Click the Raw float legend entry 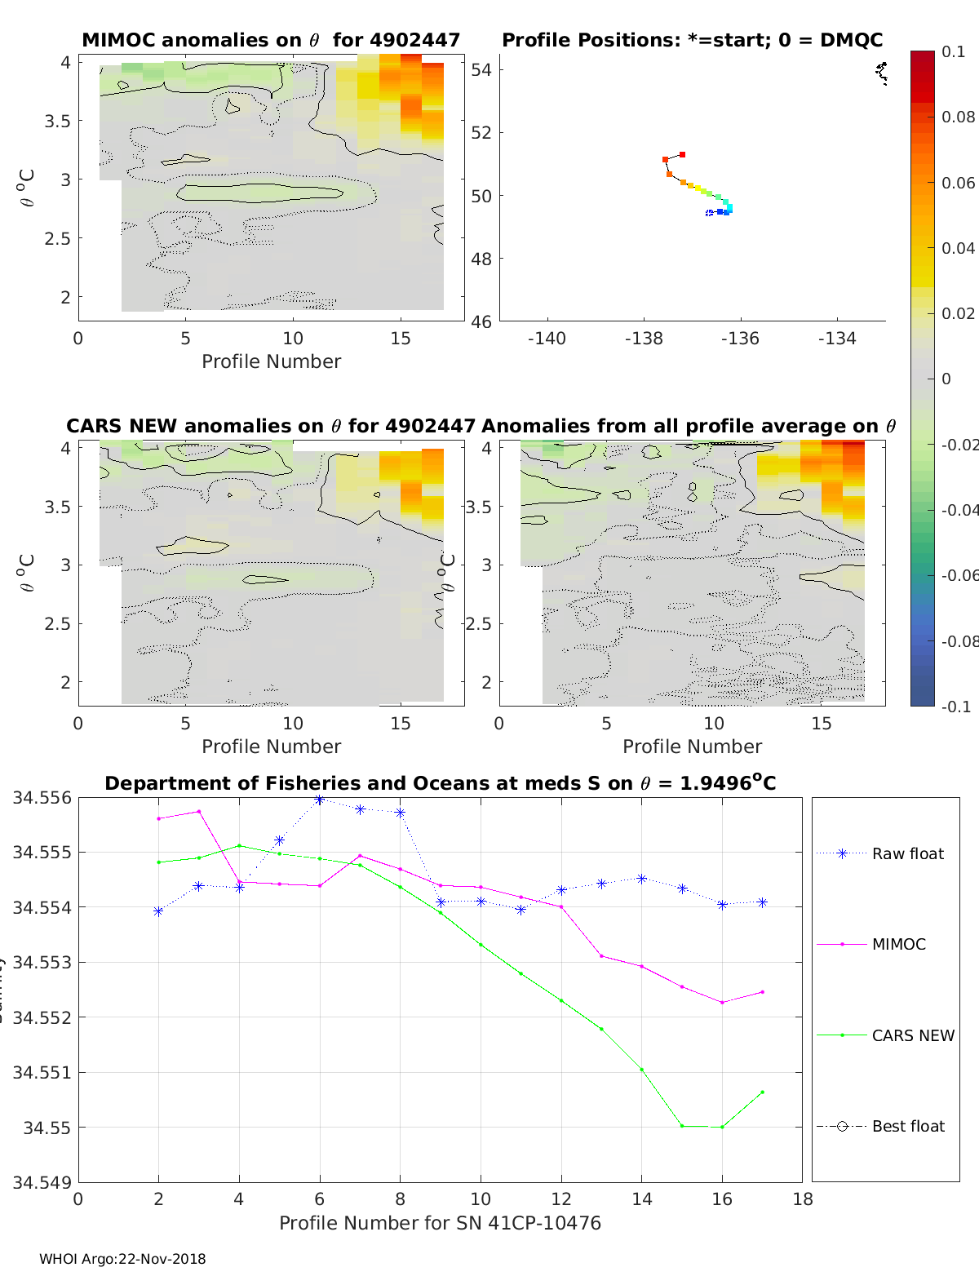[x=907, y=853]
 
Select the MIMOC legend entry [x=898, y=944]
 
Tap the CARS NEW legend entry [x=912, y=1035]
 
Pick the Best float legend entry [x=907, y=1126]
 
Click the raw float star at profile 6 [x=320, y=800]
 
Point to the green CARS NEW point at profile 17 [x=762, y=1092]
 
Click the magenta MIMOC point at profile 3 [x=199, y=811]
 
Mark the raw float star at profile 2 [x=158, y=911]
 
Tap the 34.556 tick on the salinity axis [x=42, y=798]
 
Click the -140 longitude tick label [x=547, y=339]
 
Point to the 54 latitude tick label [x=481, y=69]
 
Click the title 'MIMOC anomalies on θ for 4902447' [x=271, y=40]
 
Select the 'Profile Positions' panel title [x=692, y=40]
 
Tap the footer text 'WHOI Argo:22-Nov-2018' [x=122, y=1259]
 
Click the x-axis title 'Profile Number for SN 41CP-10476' [x=440, y=1223]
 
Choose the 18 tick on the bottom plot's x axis [x=803, y=1199]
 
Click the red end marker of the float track [x=682, y=154]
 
